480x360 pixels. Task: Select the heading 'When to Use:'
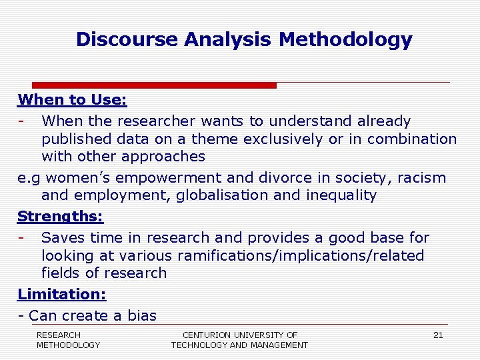coord(72,100)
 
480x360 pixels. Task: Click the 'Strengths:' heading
coord(61,217)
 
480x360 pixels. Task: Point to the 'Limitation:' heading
coord(62,294)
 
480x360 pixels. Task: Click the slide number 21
coord(438,335)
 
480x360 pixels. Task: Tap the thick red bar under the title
coord(154,85)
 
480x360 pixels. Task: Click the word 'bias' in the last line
coord(141,316)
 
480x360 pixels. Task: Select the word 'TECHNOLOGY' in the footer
coord(198,345)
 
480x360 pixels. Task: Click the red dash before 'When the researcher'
coord(22,121)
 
